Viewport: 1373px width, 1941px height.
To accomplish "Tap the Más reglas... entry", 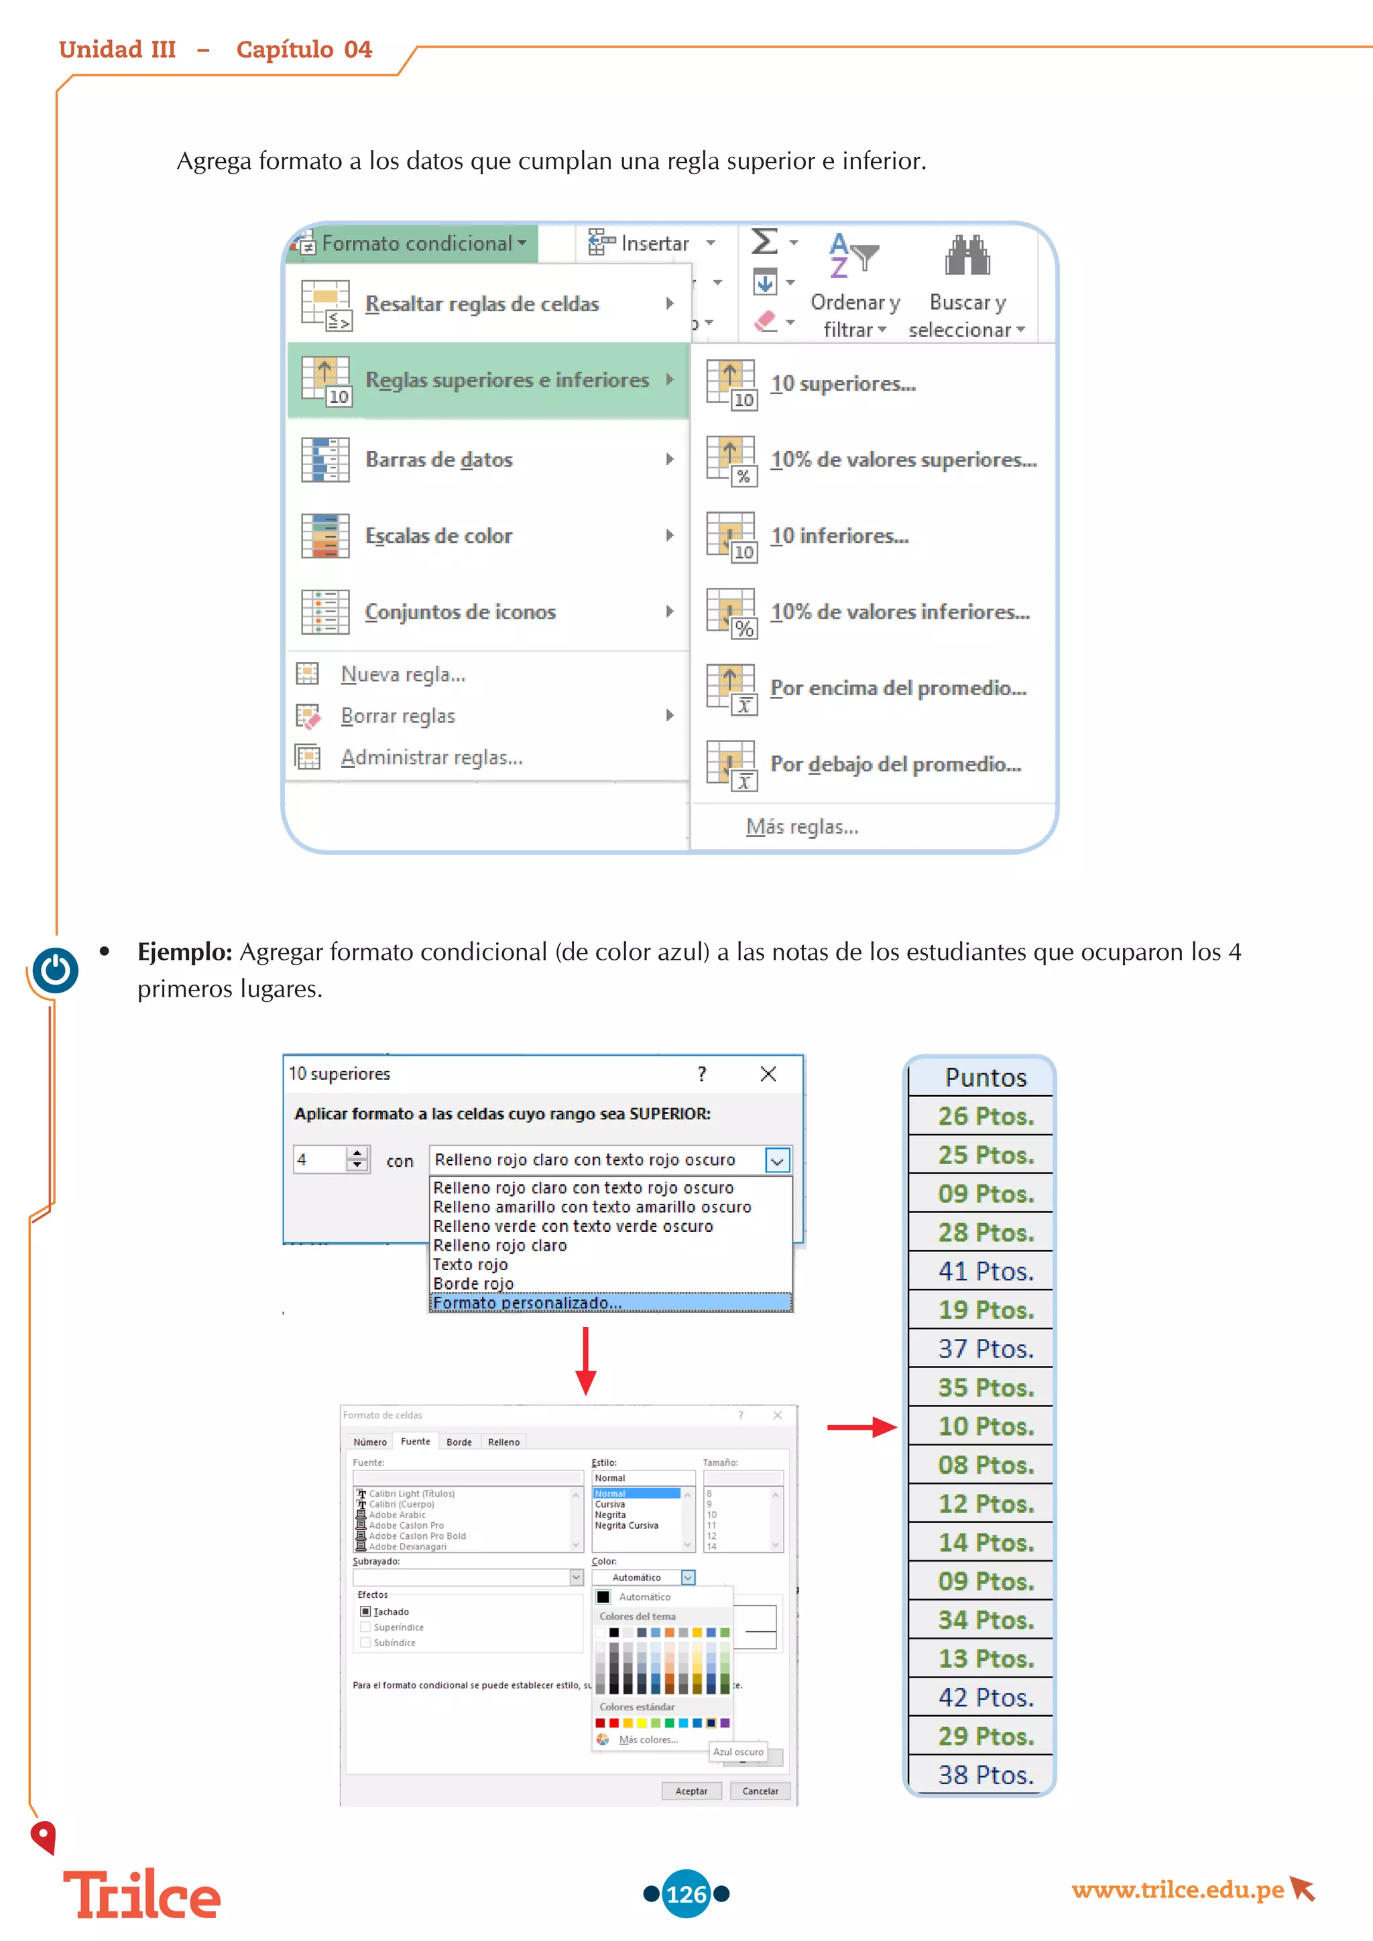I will click(x=802, y=827).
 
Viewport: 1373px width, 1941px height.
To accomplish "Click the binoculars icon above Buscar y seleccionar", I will click(x=967, y=256).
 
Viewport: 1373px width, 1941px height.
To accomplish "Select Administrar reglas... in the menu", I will click(x=431, y=757).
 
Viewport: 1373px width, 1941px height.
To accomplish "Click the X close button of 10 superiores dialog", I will click(x=768, y=1074).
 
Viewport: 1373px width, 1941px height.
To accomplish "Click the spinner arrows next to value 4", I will click(x=357, y=1159).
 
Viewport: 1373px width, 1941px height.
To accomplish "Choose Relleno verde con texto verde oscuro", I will click(x=573, y=1226).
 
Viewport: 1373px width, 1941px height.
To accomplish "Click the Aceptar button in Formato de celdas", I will click(x=691, y=1790).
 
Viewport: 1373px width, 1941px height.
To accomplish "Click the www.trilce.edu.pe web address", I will click(x=1177, y=1889).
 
